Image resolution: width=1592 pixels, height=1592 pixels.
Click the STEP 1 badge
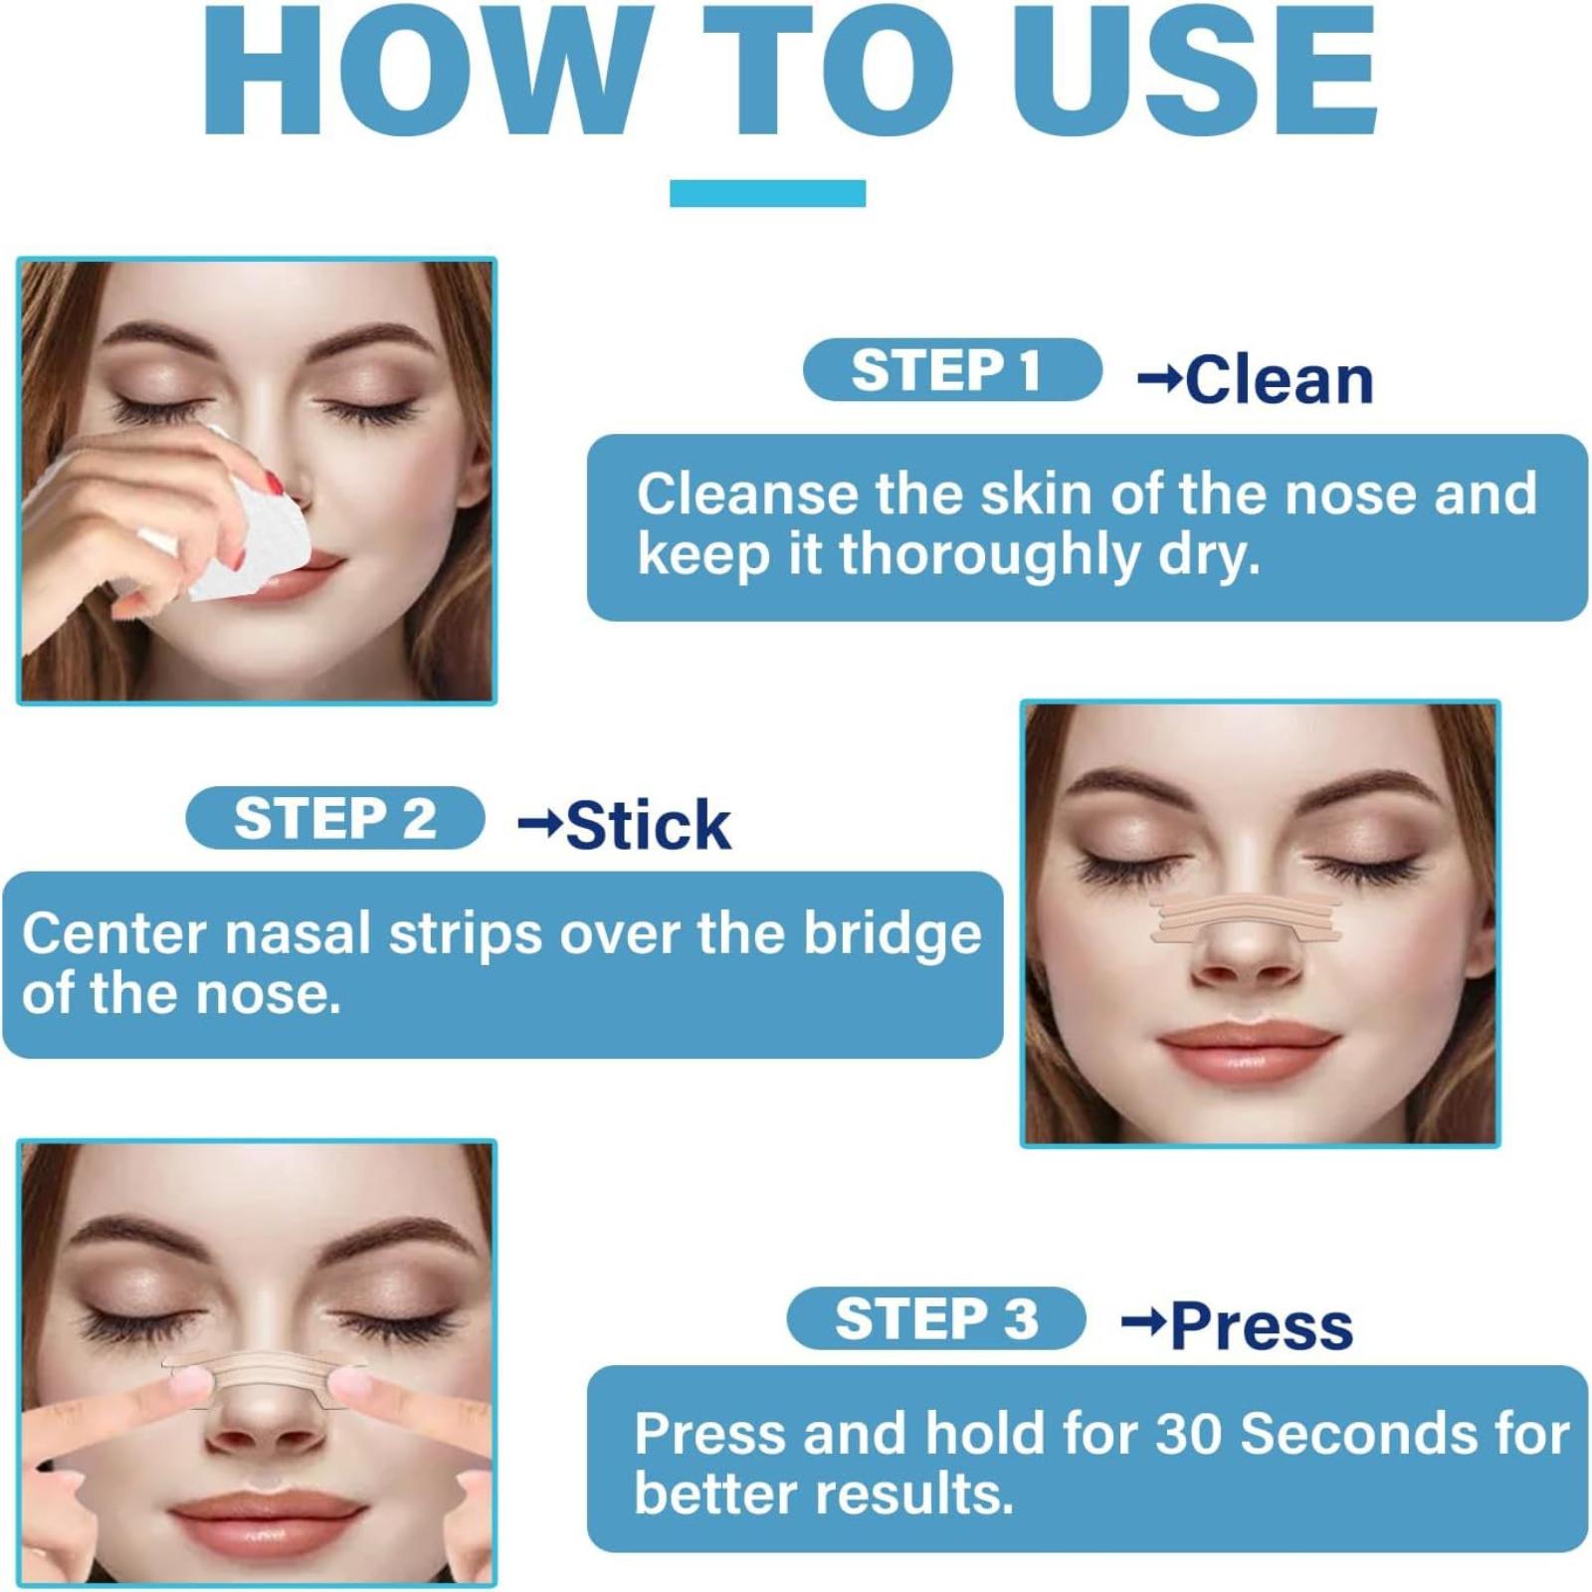952,370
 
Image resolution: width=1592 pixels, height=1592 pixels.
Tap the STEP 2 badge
335,818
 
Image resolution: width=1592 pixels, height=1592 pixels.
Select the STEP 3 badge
936,1318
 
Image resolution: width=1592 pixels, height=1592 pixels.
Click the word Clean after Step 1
1280,380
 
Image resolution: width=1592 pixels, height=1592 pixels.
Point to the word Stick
649,825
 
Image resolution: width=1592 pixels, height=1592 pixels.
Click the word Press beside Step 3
1262,1326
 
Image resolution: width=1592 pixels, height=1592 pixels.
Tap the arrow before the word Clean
1159,378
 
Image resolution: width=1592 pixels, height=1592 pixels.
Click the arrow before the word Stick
540,824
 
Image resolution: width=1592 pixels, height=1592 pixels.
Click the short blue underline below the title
767,193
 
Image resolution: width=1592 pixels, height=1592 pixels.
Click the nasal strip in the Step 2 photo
1246,919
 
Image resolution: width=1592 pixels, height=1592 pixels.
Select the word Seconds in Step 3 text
1360,1434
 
